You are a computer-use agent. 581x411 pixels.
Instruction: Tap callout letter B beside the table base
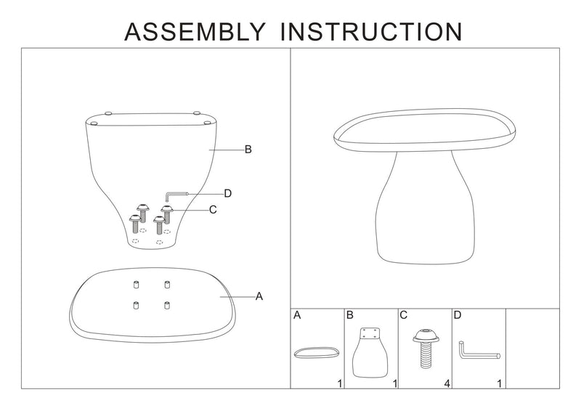click(x=248, y=150)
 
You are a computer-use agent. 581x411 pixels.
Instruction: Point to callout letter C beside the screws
click(x=213, y=210)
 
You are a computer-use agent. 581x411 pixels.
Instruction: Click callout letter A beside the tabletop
click(x=259, y=296)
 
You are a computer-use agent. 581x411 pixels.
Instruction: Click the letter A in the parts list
click(x=298, y=317)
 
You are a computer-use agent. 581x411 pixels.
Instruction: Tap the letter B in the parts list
click(x=350, y=317)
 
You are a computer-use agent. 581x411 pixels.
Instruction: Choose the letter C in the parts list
click(x=404, y=317)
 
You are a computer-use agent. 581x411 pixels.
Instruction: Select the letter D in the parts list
click(x=458, y=317)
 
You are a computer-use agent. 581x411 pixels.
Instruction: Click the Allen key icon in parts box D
click(x=476, y=350)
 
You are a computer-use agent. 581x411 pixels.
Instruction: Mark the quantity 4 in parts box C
click(x=446, y=383)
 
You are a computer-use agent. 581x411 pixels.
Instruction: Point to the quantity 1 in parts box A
click(x=338, y=383)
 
